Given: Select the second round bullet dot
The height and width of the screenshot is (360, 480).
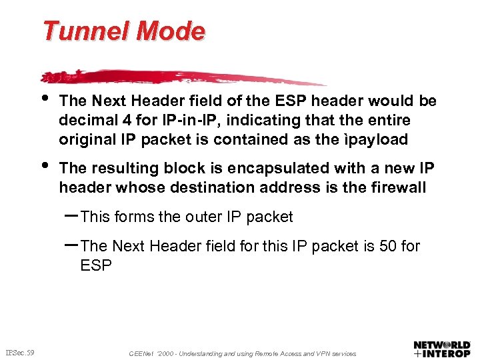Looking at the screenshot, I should pos(45,164).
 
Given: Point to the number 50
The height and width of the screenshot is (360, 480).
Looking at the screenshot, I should pos(387,247).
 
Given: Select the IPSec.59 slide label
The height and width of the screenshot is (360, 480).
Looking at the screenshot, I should pos(21,351).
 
